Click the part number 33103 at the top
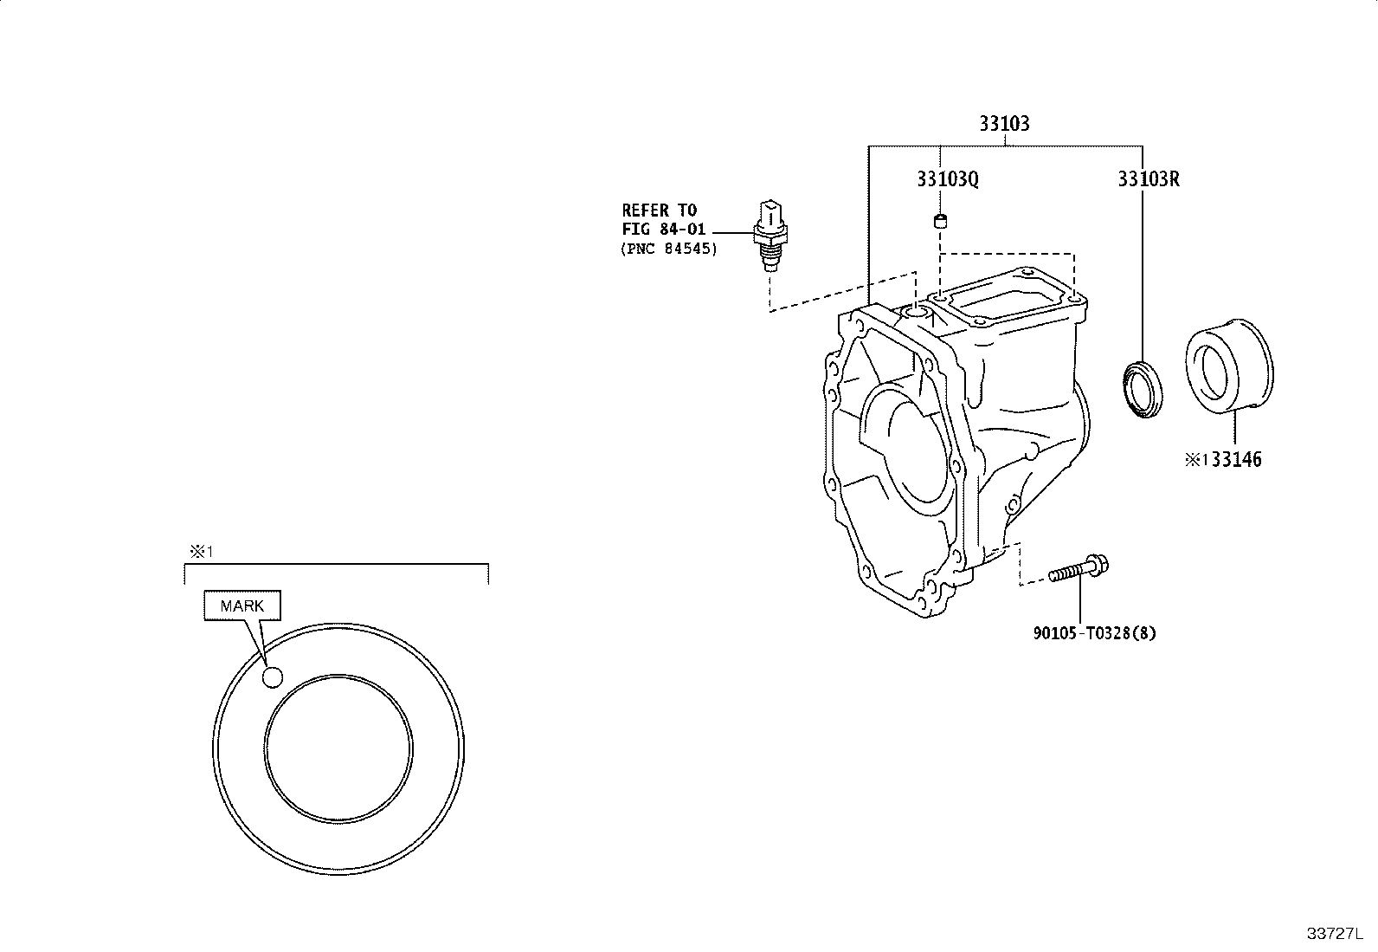coord(1005,124)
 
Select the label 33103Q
coord(948,179)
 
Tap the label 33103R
coord(1149,179)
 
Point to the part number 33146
coord(1237,459)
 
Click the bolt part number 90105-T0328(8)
coord(1094,633)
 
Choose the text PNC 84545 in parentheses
coord(669,249)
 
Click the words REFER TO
coord(659,210)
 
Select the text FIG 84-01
coord(664,230)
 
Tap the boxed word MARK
coord(242,606)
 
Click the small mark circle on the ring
coord(273,677)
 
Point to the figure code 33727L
coord(1335,934)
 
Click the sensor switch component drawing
coord(770,236)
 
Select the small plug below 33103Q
coord(940,220)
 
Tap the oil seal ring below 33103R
coord(1143,391)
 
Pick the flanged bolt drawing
coord(1079,568)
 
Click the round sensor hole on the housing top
coord(916,314)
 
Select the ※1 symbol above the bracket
coord(201,551)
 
